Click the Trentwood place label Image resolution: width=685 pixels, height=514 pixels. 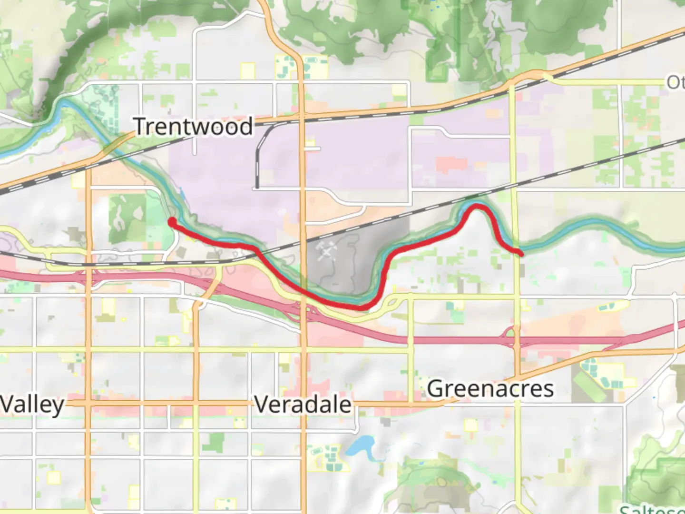click(x=193, y=127)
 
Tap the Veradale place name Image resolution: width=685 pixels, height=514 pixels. click(x=303, y=405)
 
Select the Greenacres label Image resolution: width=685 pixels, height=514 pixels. click(x=490, y=388)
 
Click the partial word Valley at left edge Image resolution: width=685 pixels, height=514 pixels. click(x=31, y=405)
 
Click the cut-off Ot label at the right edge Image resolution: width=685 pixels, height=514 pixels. click(x=675, y=82)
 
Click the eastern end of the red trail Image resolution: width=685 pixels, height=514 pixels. click(x=521, y=254)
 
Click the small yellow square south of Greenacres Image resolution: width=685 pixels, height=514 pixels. click(x=471, y=425)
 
